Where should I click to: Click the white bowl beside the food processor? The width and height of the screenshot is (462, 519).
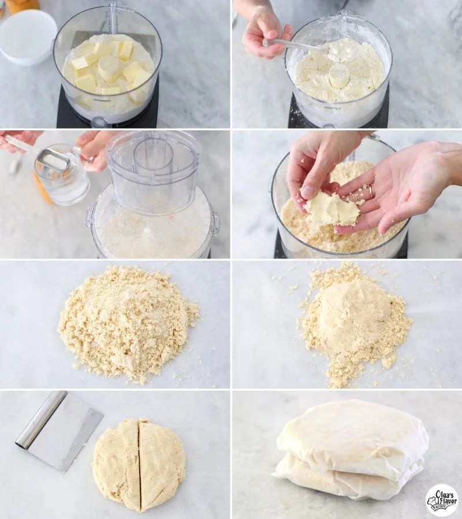pos(27,36)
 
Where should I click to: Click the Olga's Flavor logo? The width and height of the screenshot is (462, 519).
pos(442,500)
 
